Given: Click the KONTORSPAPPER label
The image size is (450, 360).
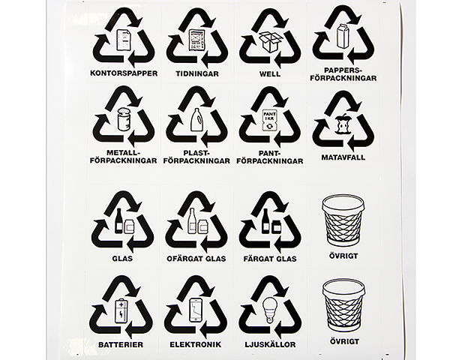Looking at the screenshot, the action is pos(124,73).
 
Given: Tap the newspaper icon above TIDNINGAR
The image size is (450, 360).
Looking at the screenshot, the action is pos(197,40).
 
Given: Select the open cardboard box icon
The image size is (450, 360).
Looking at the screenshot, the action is pos(270,42).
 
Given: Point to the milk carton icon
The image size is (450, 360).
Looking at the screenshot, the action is pos(343,36).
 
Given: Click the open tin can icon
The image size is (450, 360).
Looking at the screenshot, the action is pos(124,119).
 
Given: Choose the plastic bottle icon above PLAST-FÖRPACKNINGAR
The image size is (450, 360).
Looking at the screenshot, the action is pos(197,118).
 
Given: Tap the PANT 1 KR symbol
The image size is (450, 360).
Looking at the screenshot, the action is pos(270,121).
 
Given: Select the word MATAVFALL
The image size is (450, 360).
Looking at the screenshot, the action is pos(343,157).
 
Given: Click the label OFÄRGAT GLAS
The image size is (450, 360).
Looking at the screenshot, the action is pos(196,259).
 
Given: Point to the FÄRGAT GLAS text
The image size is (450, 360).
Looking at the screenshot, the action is pos(270,259).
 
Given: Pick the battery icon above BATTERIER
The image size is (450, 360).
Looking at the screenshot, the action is pos(121,310).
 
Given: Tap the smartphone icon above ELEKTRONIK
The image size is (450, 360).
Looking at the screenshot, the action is pos(196,310).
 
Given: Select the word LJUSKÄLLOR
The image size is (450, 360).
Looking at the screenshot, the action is pos(270,344).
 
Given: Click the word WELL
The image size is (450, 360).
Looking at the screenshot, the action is pos(270,73).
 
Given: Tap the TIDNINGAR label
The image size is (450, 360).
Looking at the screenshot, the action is pos(197,73).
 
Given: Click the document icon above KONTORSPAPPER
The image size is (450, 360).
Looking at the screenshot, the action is pos(124,40).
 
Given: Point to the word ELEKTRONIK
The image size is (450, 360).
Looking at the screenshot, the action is pos(196,344).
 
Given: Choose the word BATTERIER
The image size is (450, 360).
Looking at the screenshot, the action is pos(121,344).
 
